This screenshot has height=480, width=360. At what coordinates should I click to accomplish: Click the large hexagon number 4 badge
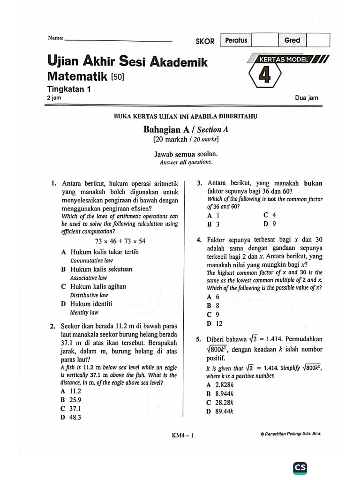click(265, 75)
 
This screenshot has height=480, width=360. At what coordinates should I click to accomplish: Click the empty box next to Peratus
click(265, 40)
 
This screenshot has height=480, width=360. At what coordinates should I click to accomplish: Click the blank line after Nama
click(118, 40)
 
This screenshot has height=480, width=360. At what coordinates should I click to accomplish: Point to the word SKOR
click(205, 41)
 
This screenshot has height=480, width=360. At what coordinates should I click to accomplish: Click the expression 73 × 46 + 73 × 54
click(120, 241)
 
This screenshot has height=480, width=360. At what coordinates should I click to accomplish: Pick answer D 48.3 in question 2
click(71, 417)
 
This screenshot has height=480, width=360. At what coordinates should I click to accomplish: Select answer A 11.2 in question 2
click(71, 391)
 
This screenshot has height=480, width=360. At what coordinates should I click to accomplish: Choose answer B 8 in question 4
click(213, 306)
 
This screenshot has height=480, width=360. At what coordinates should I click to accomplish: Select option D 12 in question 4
click(215, 323)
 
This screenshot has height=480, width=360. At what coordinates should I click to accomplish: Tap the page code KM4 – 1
click(183, 435)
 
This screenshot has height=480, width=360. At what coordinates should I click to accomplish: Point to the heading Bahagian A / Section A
click(186, 130)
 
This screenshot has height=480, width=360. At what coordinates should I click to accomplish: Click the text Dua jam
click(307, 98)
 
